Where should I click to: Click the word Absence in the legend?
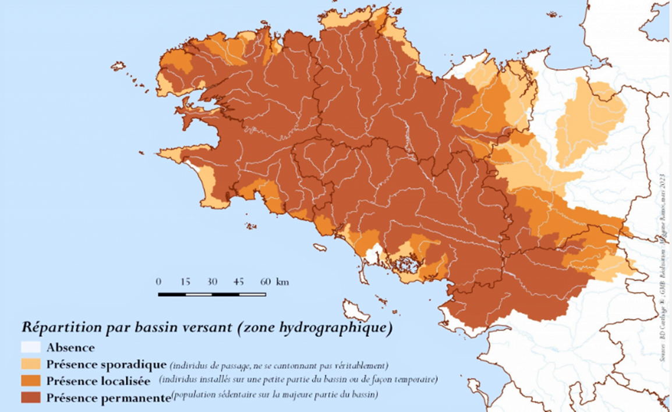point(70,348)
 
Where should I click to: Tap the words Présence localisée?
point(102,381)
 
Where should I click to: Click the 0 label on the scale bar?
point(159,282)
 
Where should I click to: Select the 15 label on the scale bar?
point(185,282)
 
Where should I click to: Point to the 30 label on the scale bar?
point(212,282)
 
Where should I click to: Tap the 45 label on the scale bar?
point(239,282)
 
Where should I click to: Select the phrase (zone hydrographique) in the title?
point(312,328)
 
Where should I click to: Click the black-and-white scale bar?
point(212,294)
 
